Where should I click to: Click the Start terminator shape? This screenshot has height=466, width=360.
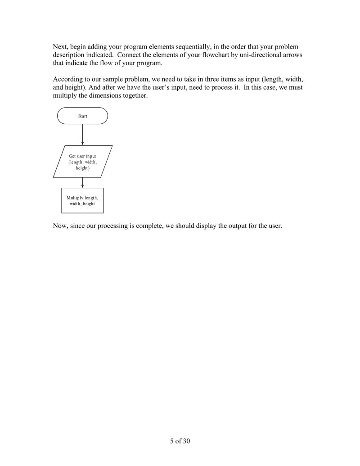82,116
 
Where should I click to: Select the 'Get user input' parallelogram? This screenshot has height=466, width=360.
83,162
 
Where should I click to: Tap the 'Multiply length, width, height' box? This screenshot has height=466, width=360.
82,200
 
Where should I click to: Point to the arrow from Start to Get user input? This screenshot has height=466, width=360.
83,134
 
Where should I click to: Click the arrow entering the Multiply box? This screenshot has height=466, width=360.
83,183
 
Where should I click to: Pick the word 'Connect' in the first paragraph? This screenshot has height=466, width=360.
130,55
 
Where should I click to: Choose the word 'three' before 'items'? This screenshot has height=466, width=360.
196,80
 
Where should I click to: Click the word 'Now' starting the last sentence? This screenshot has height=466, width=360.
60,226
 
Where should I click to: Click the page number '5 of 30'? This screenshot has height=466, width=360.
180,441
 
